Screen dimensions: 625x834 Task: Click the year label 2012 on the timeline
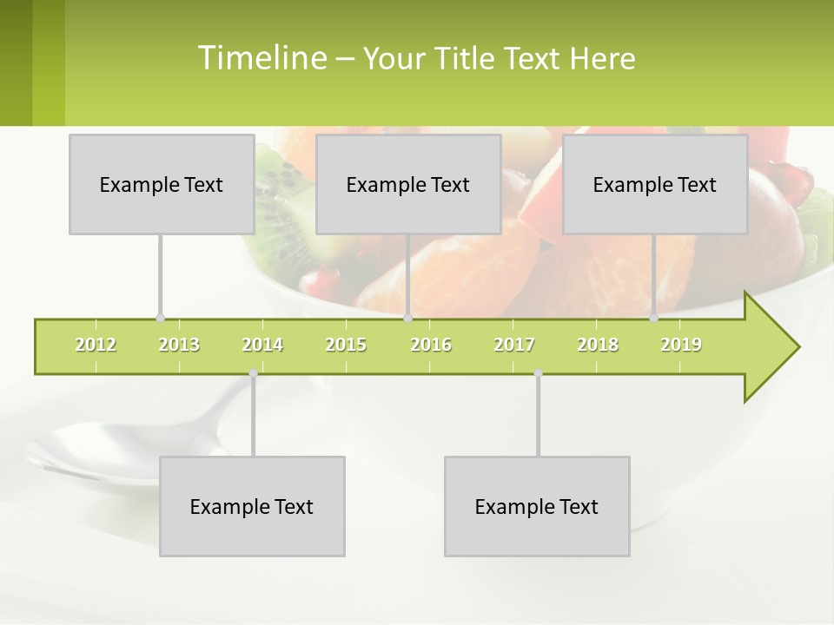tap(96, 345)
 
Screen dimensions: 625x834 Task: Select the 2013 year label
tap(179, 345)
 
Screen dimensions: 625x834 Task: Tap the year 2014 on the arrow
tap(262, 345)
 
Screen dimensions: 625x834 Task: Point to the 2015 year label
tap(346, 345)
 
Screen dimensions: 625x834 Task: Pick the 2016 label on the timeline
tap(431, 345)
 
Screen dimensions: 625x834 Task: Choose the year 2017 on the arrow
tap(514, 345)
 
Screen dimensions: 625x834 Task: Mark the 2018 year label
tap(598, 345)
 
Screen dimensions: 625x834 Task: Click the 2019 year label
tap(681, 345)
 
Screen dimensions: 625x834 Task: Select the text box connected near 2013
tap(162, 184)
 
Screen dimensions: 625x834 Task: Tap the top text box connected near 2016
tap(408, 184)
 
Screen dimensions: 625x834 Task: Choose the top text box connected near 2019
tap(655, 184)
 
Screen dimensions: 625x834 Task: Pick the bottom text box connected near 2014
tap(252, 506)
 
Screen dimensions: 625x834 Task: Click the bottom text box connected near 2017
tap(537, 506)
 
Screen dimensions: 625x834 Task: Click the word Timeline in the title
tap(261, 58)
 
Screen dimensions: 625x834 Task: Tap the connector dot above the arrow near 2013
tap(160, 318)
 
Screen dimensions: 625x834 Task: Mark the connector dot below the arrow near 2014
tap(253, 373)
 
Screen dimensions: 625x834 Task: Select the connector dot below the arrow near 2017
tap(538, 373)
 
